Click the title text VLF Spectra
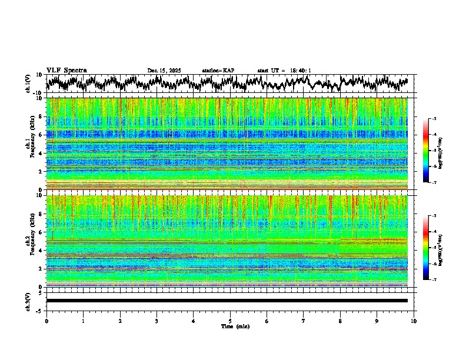(66, 70)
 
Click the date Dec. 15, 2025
(164, 71)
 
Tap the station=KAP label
(218, 71)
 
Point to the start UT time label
(284, 71)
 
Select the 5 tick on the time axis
(230, 321)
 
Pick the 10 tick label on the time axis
(414, 321)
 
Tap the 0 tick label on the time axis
(46, 321)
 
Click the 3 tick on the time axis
(157, 321)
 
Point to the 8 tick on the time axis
(340, 321)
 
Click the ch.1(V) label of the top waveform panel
(28, 84)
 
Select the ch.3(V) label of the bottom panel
(28, 301)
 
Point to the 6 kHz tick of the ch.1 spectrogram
(42, 135)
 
